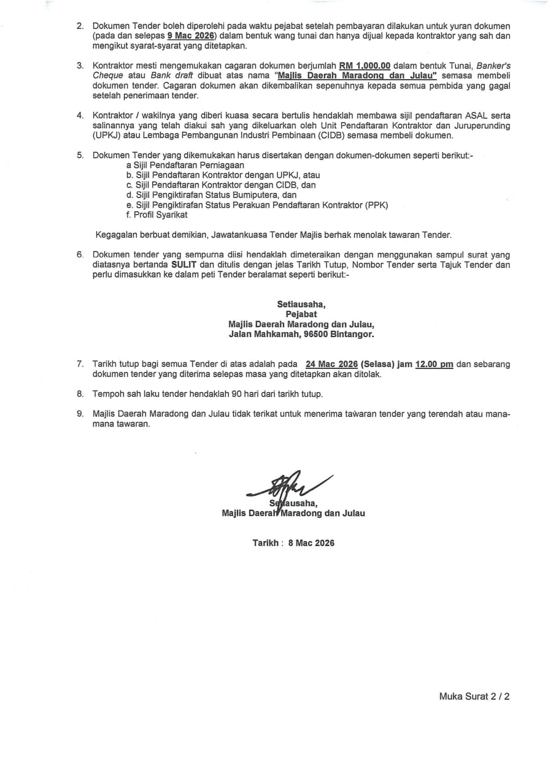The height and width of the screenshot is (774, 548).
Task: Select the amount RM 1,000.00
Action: click(x=365, y=66)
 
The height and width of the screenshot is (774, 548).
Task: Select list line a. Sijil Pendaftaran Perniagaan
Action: click(x=185, y=165)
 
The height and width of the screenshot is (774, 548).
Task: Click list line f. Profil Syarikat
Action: click(x=156, y=214)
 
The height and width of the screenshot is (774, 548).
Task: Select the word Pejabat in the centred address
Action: click(x=301, y=314)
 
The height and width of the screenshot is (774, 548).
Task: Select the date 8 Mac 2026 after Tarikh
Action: click(x=311, y=542)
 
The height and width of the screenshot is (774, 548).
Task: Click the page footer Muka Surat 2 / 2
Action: click(x=474, y=696)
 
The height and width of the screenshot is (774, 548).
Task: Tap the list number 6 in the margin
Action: click(x=80, y=254)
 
